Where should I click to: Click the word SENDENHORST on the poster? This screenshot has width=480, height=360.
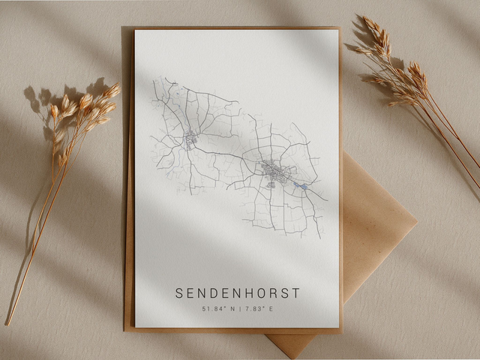237,293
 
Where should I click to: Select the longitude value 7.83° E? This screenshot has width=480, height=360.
259,308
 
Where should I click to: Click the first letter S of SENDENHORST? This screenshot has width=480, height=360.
179,293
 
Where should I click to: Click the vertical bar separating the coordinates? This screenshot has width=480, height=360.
238,308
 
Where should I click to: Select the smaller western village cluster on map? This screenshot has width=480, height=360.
190,139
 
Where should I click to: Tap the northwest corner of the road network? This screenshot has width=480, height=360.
154,79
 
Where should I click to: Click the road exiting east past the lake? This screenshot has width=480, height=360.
318,195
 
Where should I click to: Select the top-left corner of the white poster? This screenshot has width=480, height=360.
136,31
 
